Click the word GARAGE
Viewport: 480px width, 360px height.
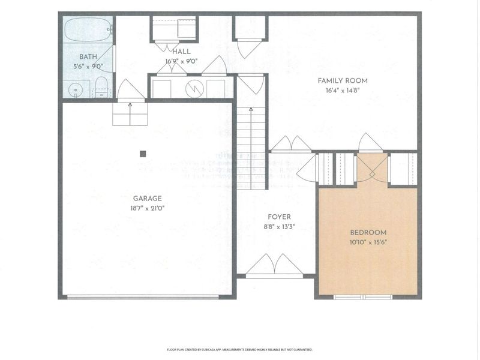(148, 198)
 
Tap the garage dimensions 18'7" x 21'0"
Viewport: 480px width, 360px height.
(148, 208)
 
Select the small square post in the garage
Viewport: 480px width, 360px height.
(143, 154)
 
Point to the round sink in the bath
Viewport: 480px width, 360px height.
(75, 91)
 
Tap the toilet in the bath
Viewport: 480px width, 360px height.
(101, 86)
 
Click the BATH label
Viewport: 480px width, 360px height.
(88, 58)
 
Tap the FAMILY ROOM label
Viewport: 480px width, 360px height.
(342, 80)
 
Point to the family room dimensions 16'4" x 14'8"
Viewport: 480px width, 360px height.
(342, 91)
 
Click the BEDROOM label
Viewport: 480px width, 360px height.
(368, 232)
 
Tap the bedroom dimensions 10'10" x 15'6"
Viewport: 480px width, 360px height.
(368, 242)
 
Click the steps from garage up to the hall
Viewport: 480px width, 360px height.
(130, 113)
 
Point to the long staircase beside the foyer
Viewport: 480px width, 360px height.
(251, 147)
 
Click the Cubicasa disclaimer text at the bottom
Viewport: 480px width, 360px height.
(239, 349)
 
